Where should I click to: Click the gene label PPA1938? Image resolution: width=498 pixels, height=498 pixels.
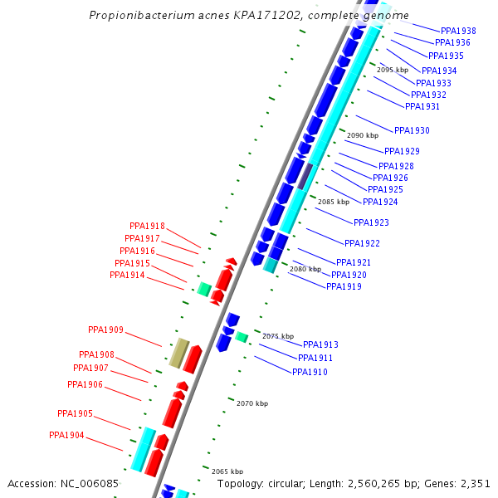pyautogui.click(x=458, y=31)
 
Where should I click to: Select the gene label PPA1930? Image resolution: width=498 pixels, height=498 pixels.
pyautogui.click(x=412, y=130)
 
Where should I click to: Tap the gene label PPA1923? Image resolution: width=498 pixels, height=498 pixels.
pyautogui.click(x=371, y=222)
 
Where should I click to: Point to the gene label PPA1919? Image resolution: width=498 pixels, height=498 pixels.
pyautogui.click(x=344, y=286)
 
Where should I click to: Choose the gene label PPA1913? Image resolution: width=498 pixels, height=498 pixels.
pyautogui.click(x=320, y=344)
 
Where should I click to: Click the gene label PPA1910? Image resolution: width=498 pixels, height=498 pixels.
pyautogui.click(x=310, y=372)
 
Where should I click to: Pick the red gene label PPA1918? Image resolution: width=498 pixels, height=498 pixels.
pyautogui.click(x=147, y=226)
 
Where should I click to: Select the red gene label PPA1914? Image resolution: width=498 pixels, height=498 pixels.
pyautogui.click(x=127, y=275)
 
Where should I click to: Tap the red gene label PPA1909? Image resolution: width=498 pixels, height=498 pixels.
pyautogui.click(x=105, y=330)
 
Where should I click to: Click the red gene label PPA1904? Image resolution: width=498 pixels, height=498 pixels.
pyautogui.click(x=66, y=435)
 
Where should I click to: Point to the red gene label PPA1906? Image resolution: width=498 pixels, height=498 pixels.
pyautogui.click(x=85, y=384)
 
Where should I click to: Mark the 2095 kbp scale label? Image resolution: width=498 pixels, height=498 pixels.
pyautogui.click(x=393, y=70)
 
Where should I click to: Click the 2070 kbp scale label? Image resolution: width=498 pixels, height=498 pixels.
pyautogui.click(x=252, y=403)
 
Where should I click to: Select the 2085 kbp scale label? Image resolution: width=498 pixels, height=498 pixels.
pyautogui.click(x=334, y=202)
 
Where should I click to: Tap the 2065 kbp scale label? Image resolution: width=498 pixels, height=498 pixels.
pyautogui.click(x=227, y=471)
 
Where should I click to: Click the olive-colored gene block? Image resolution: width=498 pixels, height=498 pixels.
pyautogui.click(x=178, y=353)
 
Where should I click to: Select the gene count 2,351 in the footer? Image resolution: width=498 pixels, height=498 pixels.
pyautogui.click(x=472, y=483)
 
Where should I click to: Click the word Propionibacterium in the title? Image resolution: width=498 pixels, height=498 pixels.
pyautogui.click(x=135, y=16)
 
